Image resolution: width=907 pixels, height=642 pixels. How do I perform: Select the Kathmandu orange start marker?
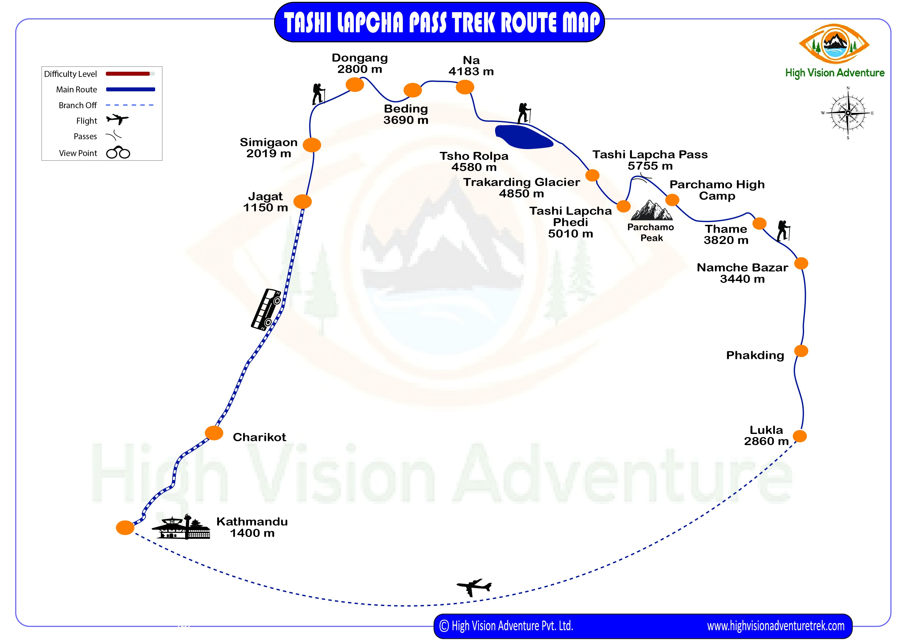[x=125, y=527]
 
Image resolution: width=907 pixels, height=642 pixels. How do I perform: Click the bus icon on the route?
[x=267, y=309]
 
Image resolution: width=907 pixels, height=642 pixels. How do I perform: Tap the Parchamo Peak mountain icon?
[x=651, y=210]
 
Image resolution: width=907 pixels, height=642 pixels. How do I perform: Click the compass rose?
[x=848, y=113]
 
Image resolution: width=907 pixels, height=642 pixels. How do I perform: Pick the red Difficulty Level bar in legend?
[x=128, y=73]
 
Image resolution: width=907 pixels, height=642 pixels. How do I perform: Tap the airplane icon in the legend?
[x=117, y=119]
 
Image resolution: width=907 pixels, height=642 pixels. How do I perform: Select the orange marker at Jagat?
[x=303, y=202]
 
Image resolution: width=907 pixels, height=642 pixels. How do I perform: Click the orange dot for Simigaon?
[x=312, y=145]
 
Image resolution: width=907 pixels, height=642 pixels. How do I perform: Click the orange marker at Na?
[x=465, y=87]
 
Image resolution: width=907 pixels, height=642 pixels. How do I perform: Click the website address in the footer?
[x=775, y=626]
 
